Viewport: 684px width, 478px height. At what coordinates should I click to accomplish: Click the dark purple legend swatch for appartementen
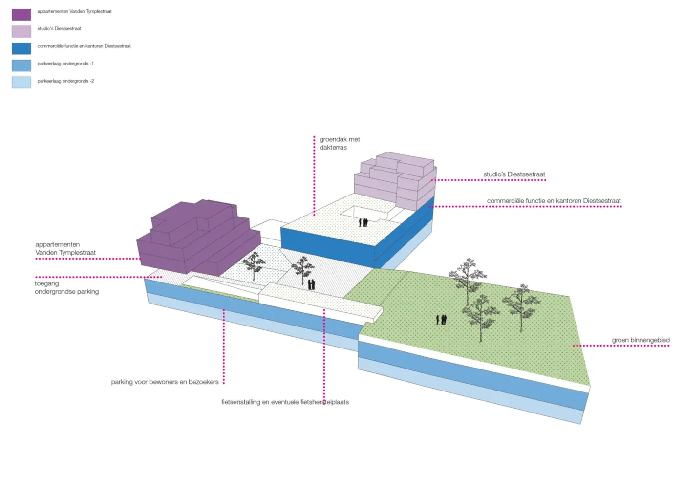tap(21, 15)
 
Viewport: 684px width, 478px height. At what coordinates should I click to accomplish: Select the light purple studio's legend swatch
tap(21, 31)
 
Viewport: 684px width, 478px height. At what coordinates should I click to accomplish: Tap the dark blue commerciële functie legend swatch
tap(21, 48)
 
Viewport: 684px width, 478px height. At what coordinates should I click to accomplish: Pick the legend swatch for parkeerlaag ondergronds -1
tap(21, 65)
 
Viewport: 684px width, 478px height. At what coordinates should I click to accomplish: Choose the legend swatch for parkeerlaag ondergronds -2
tap(21, 83)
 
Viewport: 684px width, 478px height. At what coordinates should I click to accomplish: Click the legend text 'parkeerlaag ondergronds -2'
tap(65, 81)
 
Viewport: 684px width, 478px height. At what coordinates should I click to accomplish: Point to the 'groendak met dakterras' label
tap(340, 143)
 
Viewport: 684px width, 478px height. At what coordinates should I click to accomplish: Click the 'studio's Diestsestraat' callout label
tap(514, 174)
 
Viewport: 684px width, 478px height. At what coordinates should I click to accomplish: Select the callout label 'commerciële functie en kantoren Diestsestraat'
tap(554, 201)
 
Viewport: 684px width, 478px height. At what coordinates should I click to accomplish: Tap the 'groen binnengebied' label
tap(641, 340)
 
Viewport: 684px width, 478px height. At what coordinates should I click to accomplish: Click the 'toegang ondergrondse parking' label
tap(66, 287)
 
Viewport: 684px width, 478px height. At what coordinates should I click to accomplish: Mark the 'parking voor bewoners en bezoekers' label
tap(165, 382)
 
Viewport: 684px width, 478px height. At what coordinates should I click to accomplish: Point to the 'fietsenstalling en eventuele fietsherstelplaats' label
tap(285, 402)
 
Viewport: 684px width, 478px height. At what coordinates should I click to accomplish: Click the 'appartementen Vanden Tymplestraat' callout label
tap(65, 248)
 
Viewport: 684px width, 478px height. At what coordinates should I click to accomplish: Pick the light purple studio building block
tap(396, 178)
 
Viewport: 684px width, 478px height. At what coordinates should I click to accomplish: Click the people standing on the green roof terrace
tap(363, 222)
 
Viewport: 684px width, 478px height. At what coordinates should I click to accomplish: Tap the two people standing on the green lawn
tap(441, 320)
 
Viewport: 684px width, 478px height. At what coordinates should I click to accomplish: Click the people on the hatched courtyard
tap(311, 284)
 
